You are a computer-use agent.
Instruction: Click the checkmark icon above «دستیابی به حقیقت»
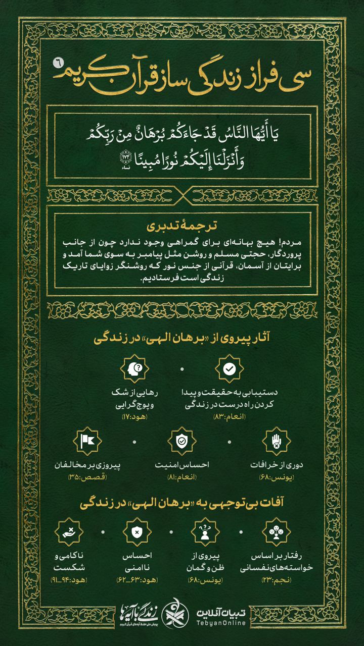pos(229,369)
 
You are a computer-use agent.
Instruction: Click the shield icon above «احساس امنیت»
pos(182,441)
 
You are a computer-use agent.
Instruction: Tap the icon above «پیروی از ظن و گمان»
pos(205,532)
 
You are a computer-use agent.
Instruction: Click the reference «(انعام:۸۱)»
pos(182,477)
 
